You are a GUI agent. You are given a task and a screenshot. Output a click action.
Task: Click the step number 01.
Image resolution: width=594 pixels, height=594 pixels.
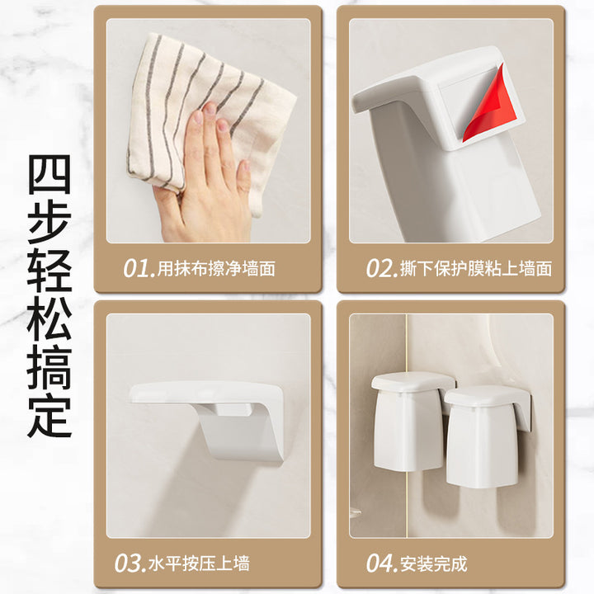(x=139, y=269)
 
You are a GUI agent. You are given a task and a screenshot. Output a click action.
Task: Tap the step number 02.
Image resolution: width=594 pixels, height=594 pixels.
(x=382, y=269)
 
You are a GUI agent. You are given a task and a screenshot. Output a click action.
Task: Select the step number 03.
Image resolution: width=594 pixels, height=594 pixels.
(x=130, y=563)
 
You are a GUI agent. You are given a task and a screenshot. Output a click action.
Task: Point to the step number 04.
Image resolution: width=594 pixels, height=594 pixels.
(x=382, y=563)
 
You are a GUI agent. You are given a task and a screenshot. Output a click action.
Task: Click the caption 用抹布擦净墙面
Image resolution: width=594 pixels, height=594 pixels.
(x=216, y=269)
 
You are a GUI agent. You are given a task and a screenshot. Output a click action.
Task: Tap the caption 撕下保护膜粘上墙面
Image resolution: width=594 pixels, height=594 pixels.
(x=476, y=269)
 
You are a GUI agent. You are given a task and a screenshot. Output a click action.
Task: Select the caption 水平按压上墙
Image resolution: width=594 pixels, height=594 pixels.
(x=200, y=563)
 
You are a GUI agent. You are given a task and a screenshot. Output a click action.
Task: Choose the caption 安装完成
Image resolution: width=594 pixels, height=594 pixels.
(x=434, y=563)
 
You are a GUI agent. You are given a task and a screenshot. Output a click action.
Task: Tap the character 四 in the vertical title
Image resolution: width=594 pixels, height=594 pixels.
(x=49, y=174)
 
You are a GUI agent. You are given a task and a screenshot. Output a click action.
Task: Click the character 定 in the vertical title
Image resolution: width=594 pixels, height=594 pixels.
(x=49, y=416)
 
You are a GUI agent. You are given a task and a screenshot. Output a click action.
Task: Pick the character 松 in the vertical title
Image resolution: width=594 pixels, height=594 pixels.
(x=49, y=319)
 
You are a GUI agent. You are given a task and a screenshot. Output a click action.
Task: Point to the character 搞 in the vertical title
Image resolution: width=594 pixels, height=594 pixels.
(x=49, y=367)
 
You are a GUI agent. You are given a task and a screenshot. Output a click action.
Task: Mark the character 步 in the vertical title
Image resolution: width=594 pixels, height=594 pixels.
(x=49, y=223)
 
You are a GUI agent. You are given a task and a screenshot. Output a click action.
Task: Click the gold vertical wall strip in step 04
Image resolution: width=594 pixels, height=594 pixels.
(x=407, y=426)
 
